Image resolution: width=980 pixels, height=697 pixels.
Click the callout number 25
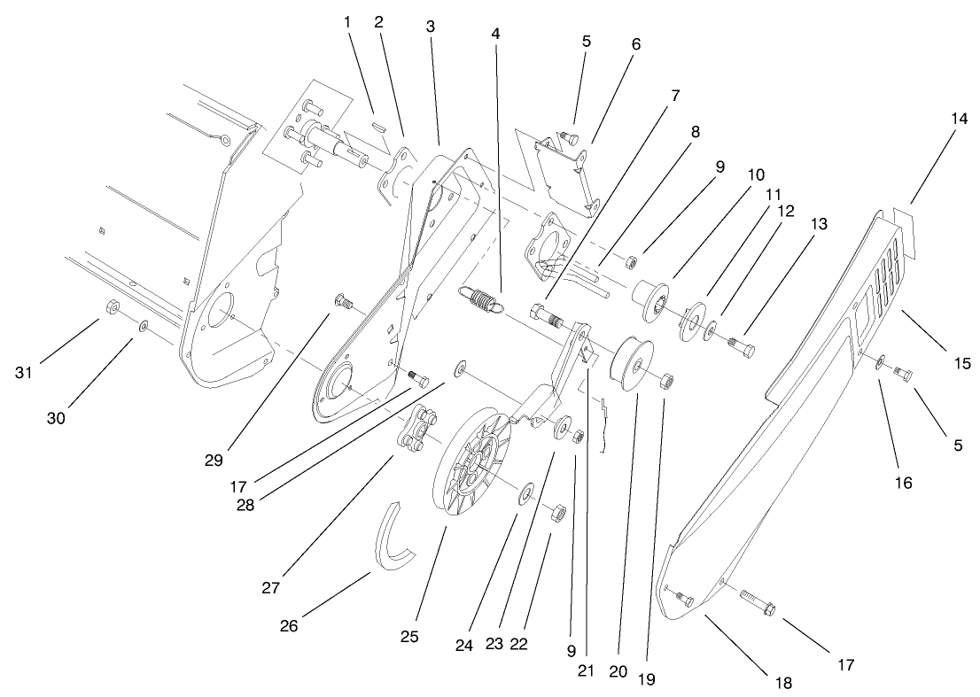tap(409, 636)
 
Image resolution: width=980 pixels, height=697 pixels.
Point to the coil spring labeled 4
tap(480, 303)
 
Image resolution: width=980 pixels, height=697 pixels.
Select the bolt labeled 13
tap(741, 348)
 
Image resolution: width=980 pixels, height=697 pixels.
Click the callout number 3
tap(431, 27)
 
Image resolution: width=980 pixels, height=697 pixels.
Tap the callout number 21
tap(585, 670)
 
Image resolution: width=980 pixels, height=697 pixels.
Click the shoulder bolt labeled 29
tap(343, 304)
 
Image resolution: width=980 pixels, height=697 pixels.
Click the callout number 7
tap(676, 96)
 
